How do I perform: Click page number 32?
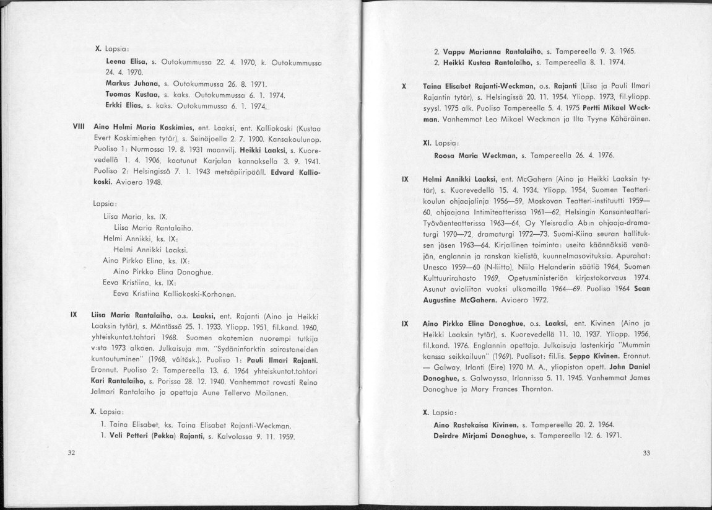71,453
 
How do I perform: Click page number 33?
646,453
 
